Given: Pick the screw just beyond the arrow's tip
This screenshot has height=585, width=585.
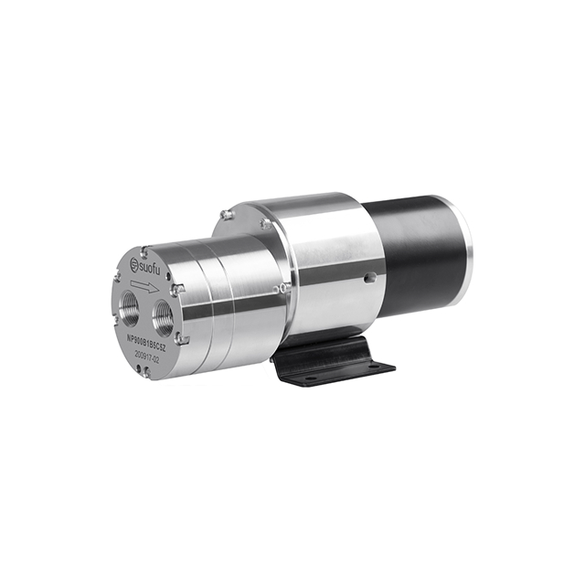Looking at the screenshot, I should point(179,289).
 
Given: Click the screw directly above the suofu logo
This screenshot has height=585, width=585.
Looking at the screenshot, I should point(143,246).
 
